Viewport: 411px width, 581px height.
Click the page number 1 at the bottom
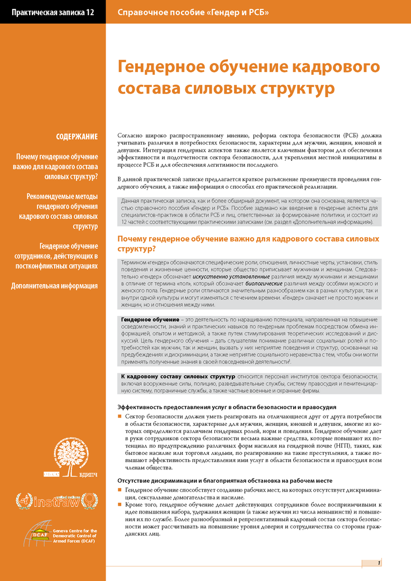coord(379,563)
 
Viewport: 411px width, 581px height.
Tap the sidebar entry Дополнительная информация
coord(55,286)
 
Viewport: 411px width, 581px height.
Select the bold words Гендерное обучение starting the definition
coord(146,319)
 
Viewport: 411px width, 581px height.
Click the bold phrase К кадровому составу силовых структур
coord(170,377)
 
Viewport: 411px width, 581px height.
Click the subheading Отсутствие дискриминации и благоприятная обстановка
coord(224,481)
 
